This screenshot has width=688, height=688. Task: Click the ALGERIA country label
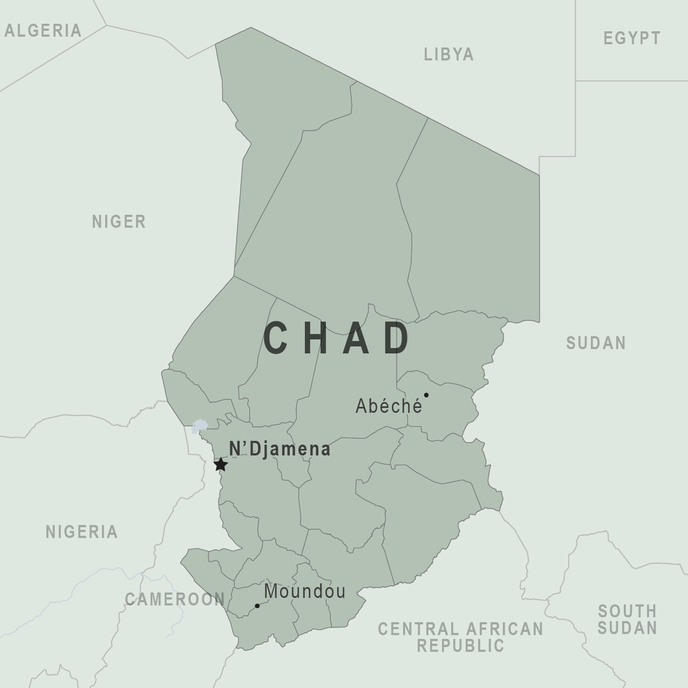tap(43, 31)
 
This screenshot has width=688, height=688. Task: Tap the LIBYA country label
tap(449, 55)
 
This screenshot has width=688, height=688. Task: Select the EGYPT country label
tap(632, 38)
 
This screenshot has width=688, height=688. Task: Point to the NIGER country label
tap(119, 222)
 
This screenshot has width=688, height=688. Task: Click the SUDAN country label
tap(596, 343)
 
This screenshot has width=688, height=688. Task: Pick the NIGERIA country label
tap(81, 532)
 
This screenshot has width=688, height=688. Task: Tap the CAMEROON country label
tap(175, 599)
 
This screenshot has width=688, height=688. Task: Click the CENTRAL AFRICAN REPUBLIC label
tap(460, 637)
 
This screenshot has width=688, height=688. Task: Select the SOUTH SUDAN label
tap(627, 619)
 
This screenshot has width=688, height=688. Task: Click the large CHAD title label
tap(337, 338)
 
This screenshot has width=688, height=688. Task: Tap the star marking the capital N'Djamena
tap(221, 464)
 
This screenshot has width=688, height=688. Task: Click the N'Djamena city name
tap(280, 449)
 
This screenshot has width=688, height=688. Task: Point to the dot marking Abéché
tap(426, 395)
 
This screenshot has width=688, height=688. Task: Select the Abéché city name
tap(389, 406)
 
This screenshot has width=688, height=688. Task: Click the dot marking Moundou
tap(257, 606)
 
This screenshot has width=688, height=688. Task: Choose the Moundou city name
tap(305, 591)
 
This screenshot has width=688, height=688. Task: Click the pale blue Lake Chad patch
tap(199, 426)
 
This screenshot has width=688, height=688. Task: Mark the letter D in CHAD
tap(397, 338)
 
